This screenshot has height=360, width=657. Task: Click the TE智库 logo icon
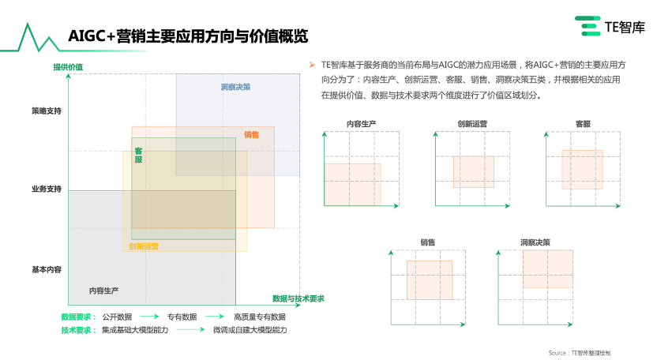click(x=588, y=27)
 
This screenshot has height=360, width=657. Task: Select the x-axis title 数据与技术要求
click(x=298, y=298)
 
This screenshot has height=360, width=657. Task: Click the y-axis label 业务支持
click(x=46, y=189)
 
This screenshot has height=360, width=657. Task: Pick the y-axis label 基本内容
click(x=46, y=269)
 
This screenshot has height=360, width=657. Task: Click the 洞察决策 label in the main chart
click(x=235, y=87)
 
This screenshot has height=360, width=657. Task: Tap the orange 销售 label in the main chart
click(x=251, y=134)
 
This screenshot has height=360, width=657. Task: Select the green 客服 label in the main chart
click(x=138, y=155)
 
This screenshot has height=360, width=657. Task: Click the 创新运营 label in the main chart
click(x=144, y=246)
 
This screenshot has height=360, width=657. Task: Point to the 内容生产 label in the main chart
click(x=103, y=291)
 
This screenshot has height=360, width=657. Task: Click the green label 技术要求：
click(x=79, y=330)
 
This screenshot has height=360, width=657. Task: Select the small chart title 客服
click(x=584, y=123)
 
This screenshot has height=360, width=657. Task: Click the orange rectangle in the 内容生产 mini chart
click(x=352, y=184)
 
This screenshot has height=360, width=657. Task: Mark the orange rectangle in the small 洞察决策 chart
click(x=547, y=268)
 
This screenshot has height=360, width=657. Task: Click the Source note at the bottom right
click(x=579, y=352)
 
